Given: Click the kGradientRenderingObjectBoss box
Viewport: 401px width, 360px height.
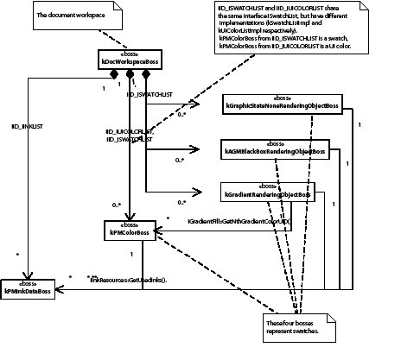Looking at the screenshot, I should click(269, 191).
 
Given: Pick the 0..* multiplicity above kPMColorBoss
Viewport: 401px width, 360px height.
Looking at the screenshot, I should click(116, 204).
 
